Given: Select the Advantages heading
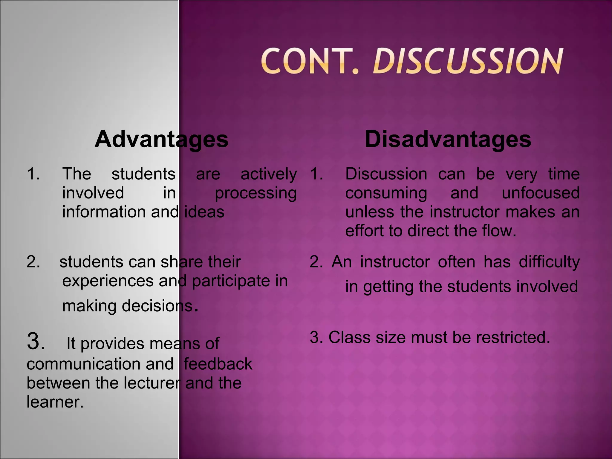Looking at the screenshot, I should (161, 139).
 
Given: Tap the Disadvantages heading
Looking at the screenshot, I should (448, 139).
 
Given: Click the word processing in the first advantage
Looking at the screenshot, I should (256, 193).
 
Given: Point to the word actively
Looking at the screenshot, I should (269, 174).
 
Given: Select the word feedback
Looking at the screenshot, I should (218, 364).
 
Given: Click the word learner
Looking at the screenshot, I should (55, 402).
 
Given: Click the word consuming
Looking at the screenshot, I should (386, 193).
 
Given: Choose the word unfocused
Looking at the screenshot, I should (541, 193).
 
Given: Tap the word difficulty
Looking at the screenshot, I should (549, 262).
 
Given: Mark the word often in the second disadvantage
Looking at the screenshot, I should (456, 262).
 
